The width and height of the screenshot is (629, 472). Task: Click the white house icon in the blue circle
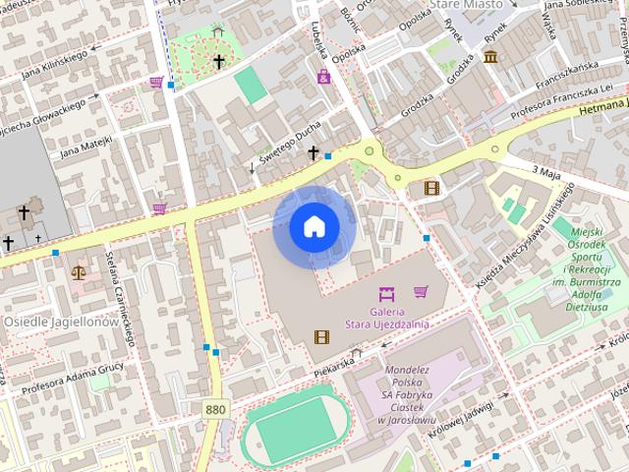coord(313,227)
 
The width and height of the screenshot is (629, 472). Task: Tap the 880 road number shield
coord(215,407)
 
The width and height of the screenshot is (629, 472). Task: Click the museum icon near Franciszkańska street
coord(490,56)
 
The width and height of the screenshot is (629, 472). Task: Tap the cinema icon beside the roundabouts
coord(430,187)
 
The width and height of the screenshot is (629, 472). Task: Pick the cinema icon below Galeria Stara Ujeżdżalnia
coord(321,336)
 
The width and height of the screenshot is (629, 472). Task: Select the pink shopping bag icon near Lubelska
coord(323,76)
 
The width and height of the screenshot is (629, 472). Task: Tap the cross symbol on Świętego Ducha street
coord(314,152)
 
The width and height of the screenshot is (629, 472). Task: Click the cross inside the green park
coord(218,62)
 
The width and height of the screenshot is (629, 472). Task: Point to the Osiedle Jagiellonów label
coord(61,322)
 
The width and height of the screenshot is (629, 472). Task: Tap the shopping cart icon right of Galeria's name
coord(421,291)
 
